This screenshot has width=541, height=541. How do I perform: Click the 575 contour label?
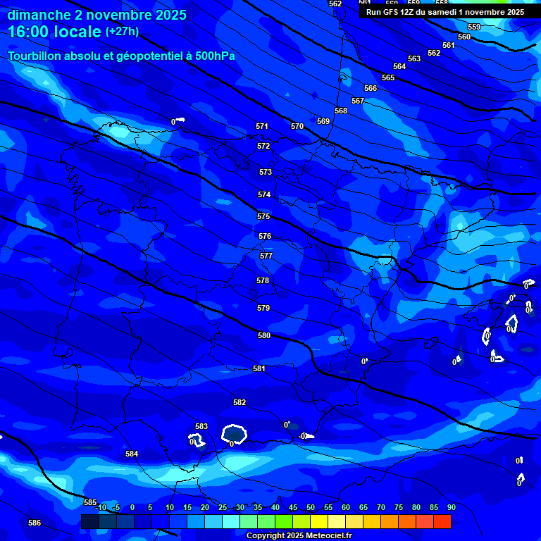(263, 216)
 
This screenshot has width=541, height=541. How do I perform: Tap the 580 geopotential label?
(264, 335)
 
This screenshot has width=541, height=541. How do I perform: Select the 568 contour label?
(341, 111)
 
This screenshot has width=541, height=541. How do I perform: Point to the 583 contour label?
(201, 426)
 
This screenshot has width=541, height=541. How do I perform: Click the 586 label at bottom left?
(35, 523)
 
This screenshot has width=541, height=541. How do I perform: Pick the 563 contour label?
(414, 58)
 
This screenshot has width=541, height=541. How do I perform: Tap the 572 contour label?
(263, 146)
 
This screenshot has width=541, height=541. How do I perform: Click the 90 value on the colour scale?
(451, 507)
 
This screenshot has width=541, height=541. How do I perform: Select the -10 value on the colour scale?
(101, 507)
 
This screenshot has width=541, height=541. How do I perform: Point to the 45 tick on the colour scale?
(293, 507)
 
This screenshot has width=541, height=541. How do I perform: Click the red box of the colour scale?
(442, 521)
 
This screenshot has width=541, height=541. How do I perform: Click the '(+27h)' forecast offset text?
(122, 32)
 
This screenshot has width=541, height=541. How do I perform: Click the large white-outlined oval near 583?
(234, 434)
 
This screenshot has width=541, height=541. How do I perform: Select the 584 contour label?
(132, 454)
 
